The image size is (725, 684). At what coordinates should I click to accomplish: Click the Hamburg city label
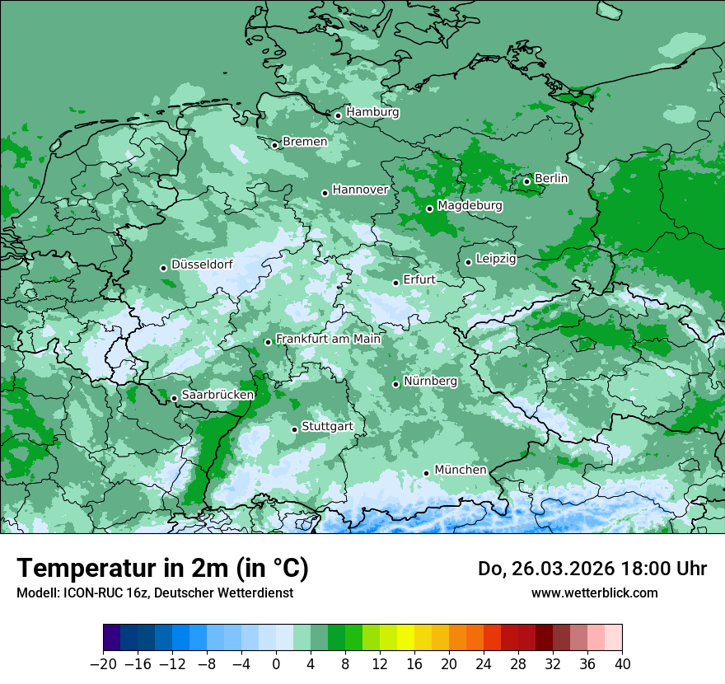(x=372, y=112)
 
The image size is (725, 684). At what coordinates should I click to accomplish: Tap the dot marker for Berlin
(x=526, y=181)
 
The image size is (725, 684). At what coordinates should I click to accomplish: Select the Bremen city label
(x=305, y=142)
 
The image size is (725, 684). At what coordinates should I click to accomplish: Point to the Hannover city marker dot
(x=325, y=193)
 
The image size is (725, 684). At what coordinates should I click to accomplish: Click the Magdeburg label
(x=470, y=205)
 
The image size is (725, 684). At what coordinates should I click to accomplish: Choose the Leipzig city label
(x=496, y=259)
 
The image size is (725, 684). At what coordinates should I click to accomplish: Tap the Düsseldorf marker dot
(x=163, y=268)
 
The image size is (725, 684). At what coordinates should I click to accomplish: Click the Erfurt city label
(x=419, y=280)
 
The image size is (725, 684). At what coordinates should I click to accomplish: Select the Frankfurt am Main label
(x=328, y=339)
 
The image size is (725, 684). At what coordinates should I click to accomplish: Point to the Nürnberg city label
(x=430, y=382)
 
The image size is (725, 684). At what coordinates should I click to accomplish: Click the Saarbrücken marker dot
(x=174, y=398)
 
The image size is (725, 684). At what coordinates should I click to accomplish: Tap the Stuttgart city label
(x=327, y=427)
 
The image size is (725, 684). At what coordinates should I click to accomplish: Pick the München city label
(x=460, y=470)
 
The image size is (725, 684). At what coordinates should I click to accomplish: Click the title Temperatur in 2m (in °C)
(x=162, y=569)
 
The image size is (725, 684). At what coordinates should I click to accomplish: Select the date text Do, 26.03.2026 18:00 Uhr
(x=592, y=569)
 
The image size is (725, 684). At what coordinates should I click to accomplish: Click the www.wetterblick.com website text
(x=594, y=593)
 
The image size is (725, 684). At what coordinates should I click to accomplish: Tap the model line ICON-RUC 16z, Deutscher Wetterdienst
(x=154, y=593)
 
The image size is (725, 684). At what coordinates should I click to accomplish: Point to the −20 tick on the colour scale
(x=104, y=663)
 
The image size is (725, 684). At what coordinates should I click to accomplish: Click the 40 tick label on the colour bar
(x=622, y=663)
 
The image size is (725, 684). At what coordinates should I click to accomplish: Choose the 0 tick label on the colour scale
(x=276, y=663)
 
